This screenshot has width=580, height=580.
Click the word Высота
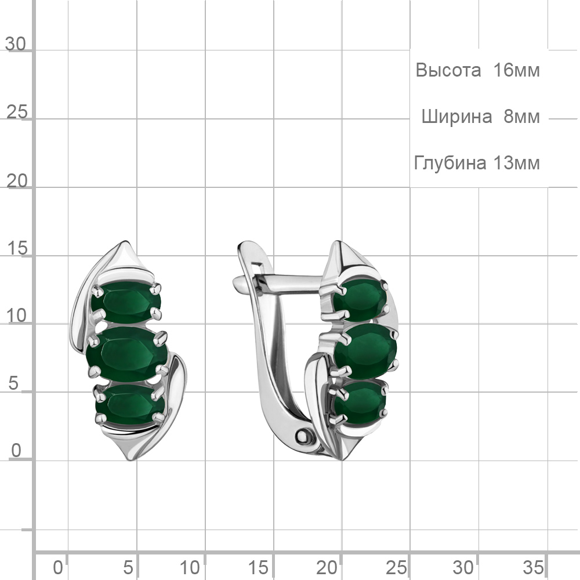pyautogui.click(x=448, y=70)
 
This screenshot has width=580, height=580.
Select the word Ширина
pyautogui.click(x=456, y=117)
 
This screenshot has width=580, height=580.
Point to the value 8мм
pyautogui.click(x=521, y=117)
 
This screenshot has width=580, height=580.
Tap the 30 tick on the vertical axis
pyautogui.click(x=16, y=44)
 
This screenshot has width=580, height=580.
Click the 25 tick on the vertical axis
pyautogui.click(x=17, y=112)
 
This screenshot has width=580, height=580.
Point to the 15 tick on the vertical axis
pyautogui.click(x=17, y=248)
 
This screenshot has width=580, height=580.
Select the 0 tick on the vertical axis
pyautogui.click(x=16, y=451)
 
